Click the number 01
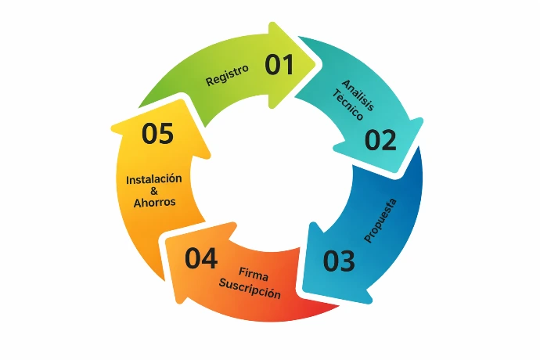tap(279, 65)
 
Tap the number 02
tap(380, 140)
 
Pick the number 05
tap(157, 134)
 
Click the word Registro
tap(227, 74)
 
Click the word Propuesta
tap(381, 220)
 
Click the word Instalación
tap(154, 179)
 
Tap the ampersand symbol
tap(153, 190)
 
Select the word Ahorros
tap(154, 202)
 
